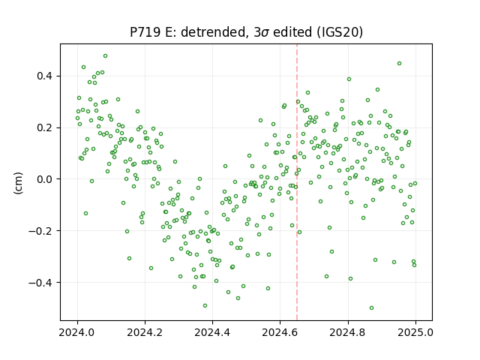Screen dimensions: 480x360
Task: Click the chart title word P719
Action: click(x=145, y=32)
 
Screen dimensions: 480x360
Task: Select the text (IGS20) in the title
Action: click(x=340, y=32)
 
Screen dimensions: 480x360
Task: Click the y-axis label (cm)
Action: click(x=18, y=183)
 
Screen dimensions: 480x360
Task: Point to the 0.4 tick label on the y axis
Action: click(x=46, y=76)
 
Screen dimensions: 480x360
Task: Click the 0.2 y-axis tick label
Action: click(x=46, y=127)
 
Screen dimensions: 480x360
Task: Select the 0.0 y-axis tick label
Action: click(x=46, y=179)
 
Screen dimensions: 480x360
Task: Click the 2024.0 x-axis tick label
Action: click(x=77, y=332)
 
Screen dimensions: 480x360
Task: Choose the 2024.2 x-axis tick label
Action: click(x=145, y=332)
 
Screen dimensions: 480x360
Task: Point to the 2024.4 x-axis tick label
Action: click(x=212, y=332)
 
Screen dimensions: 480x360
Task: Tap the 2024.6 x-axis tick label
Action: click(x=280, y=332)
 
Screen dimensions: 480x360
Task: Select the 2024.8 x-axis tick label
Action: click(x=347, y=332)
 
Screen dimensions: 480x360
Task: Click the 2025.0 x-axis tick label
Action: click(x=415, y=332)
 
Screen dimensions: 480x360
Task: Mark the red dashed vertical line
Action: click(x=297, y=182)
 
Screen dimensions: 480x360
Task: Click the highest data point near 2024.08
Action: click(x=105, y=56)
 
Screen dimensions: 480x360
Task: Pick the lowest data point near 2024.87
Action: click(x=372, y=308)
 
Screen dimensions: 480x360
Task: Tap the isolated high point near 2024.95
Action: click(x=399, y=63)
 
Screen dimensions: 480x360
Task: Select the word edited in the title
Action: click(x=292, y=32)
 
